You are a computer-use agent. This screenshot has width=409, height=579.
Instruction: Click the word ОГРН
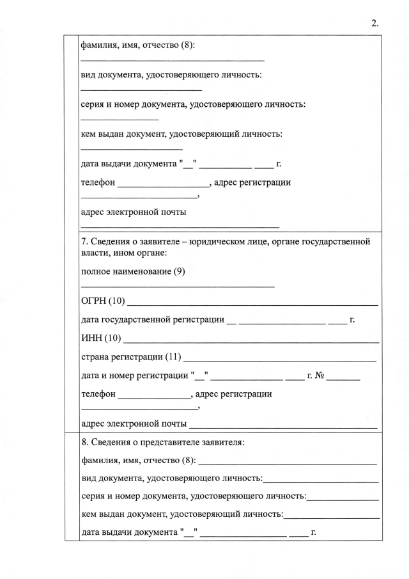point(93,301)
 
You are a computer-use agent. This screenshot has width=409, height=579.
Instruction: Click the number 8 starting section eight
point(84,442)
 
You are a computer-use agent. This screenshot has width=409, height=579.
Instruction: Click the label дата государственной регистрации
point(153,319)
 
